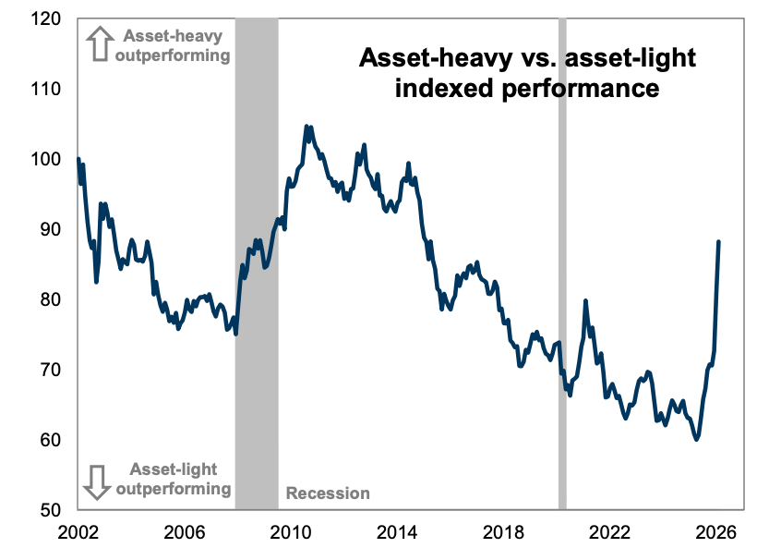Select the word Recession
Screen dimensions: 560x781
(x=328, y=493)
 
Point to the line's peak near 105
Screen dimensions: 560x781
(x=307, y=127)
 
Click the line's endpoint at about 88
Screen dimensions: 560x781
(x=719, y=242)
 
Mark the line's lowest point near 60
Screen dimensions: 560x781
(x=697, y=439)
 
